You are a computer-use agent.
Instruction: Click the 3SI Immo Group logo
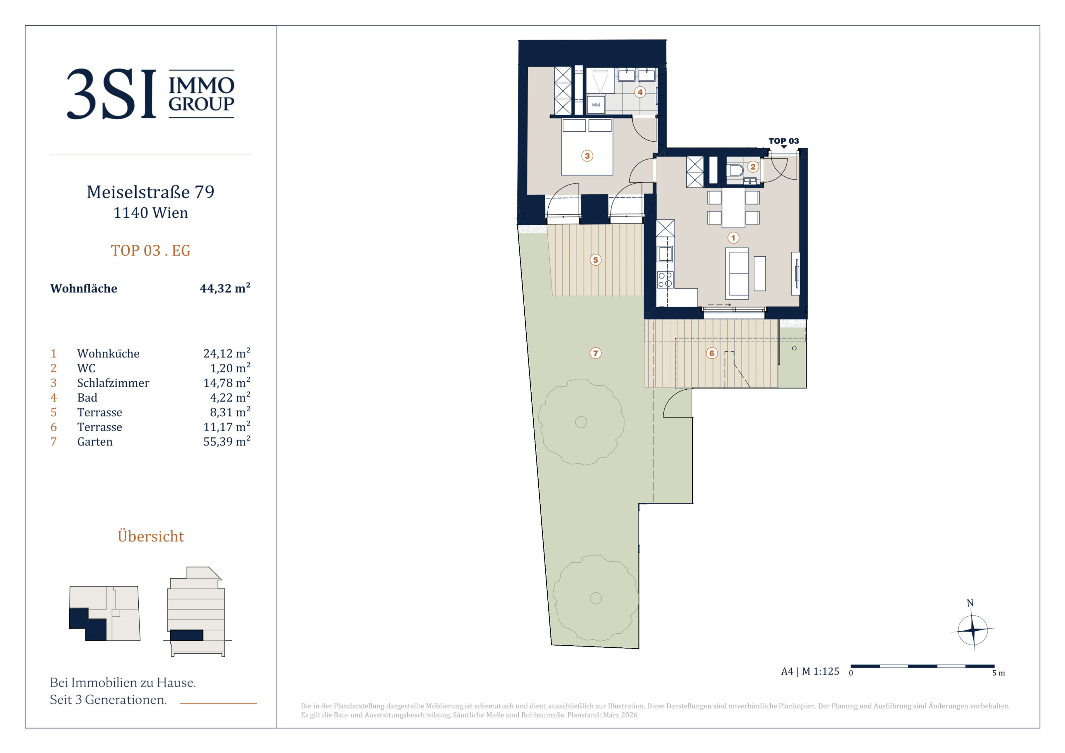(150, 94)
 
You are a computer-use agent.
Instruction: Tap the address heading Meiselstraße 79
(150, 192)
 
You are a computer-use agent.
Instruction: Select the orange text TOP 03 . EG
(150, 251)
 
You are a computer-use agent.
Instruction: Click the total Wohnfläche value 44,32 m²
(225, 288)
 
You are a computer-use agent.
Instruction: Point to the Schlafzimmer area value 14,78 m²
(227, 382)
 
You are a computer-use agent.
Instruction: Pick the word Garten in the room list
(94, 442)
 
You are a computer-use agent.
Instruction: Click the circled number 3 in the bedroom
(587, 156)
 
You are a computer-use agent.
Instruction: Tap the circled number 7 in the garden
(595, 353)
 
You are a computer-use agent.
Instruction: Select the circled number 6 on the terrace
(712, 353)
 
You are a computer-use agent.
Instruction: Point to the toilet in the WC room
(735, 170)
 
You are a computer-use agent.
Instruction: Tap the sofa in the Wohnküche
(737, 272)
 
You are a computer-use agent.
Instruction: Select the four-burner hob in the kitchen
(665, 280)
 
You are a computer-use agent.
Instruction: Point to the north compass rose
(973, 630)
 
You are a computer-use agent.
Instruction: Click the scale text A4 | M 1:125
(810, 671)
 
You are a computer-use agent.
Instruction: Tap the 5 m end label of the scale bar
(998, 673)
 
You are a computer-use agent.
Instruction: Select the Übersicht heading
(151, 536)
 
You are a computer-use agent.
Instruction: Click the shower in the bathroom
(600, 81)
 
